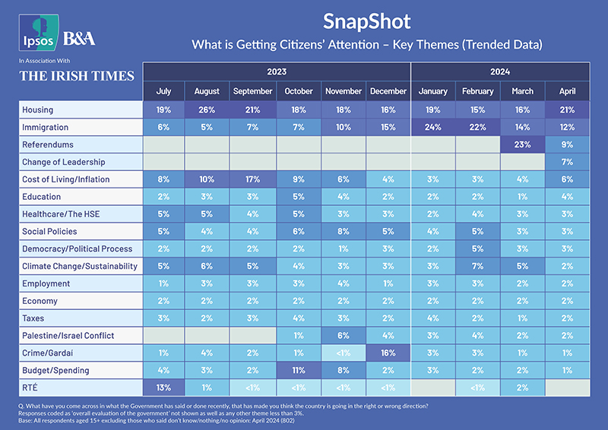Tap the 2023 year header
(276, 72)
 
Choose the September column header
(253, 91)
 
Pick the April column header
(567, 91)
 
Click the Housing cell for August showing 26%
(208, 110)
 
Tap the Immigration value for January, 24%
(432, 128)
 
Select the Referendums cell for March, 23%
(522, 145)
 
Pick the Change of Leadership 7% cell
(567, 162)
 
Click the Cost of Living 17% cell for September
(253, 179)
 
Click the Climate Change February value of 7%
(477, 267)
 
